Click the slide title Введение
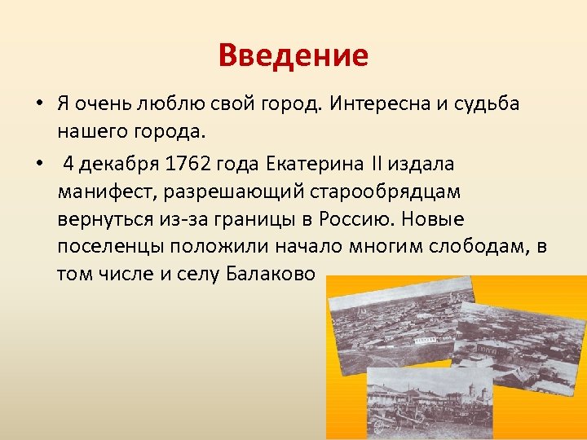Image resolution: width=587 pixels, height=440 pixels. click(x=293, y=56)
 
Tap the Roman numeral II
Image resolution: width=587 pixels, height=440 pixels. click(x=377, y=164)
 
